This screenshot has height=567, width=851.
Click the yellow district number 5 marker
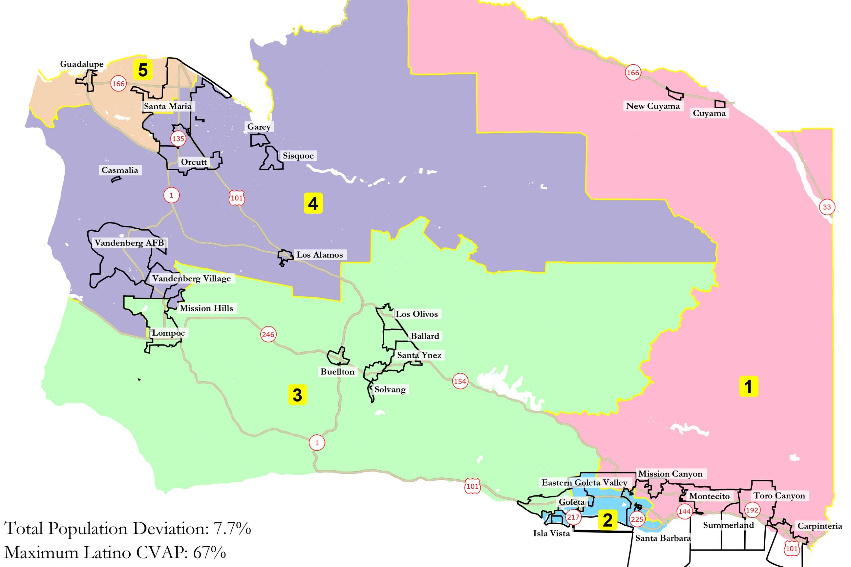pyautogui.click(x=143, y=70)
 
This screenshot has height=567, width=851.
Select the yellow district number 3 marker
pyautogui.click(x=297, y=395)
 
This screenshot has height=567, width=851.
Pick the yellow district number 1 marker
pyautogui.click(x=748, y=386)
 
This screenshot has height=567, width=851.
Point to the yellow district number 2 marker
pyautogui.click(x=607, y=520)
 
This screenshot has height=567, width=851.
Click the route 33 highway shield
pyautogui.click(x=827, y=207)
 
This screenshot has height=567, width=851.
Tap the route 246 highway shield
pyautogui.click(x=268, y=334)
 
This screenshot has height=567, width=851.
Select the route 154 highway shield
pyautogui.click(x=460, y=381)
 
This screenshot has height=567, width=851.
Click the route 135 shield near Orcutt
pyautogui.click(x=178, y=139)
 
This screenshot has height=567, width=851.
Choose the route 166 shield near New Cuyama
pyautogui.click(x=633, y=73)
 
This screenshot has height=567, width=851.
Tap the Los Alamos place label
pyautogui.click(x=319, y=255)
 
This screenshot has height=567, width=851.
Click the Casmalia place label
pyautogui.click(x=120, y=170)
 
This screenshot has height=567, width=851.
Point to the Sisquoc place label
pyautogui.click(x=298, y=156)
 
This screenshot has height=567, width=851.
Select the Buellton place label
pyautogui.click(x=337, y=371)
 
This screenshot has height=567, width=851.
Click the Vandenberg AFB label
pyautogui.click(x=129, y=243)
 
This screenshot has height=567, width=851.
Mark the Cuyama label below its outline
pyautogui.click(x=709, y=113)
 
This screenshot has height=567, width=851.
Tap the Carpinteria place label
pyautogui.click(x=819, y=526)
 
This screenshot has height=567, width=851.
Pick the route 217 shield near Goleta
pyautogui.click(x=573, y=517)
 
